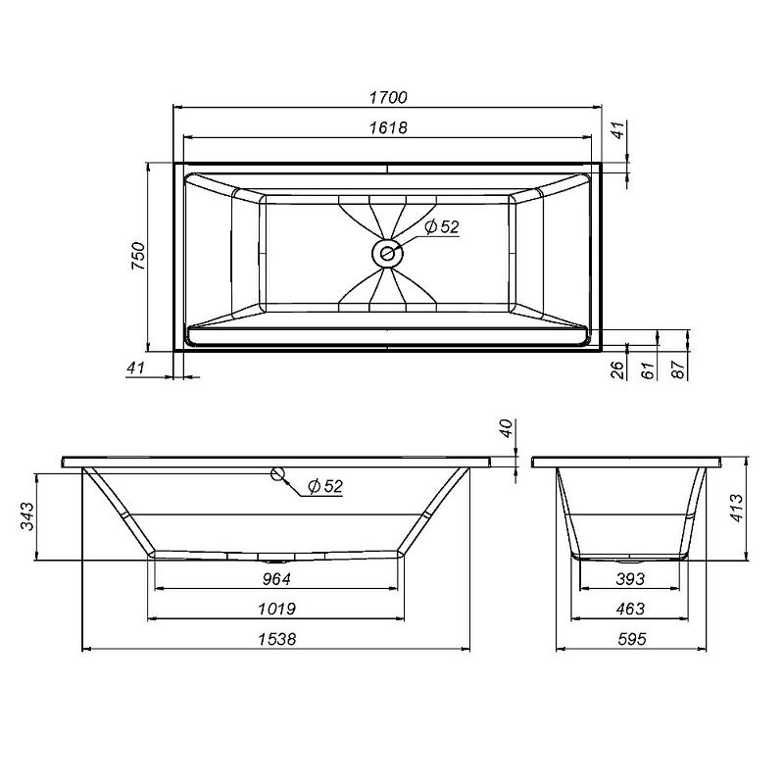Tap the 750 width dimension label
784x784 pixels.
click(x=139, y=256)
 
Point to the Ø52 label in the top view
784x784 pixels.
click(x=442, y=226)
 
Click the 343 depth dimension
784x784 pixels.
click(x=26, y=516)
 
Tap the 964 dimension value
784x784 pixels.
click(x=277, y=579)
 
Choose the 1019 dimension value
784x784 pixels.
click(x=277, y=609)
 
